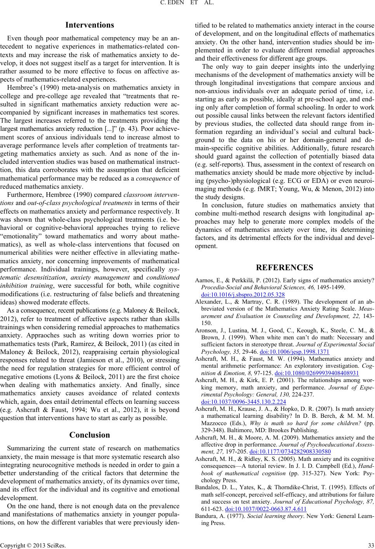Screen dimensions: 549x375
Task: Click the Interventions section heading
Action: (x=90, y=25)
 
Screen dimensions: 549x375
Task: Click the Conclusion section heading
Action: (x=89, y=294)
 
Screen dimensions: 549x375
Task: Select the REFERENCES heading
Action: (x=284, y=267)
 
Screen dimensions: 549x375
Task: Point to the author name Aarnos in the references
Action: (x=201, y=281)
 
